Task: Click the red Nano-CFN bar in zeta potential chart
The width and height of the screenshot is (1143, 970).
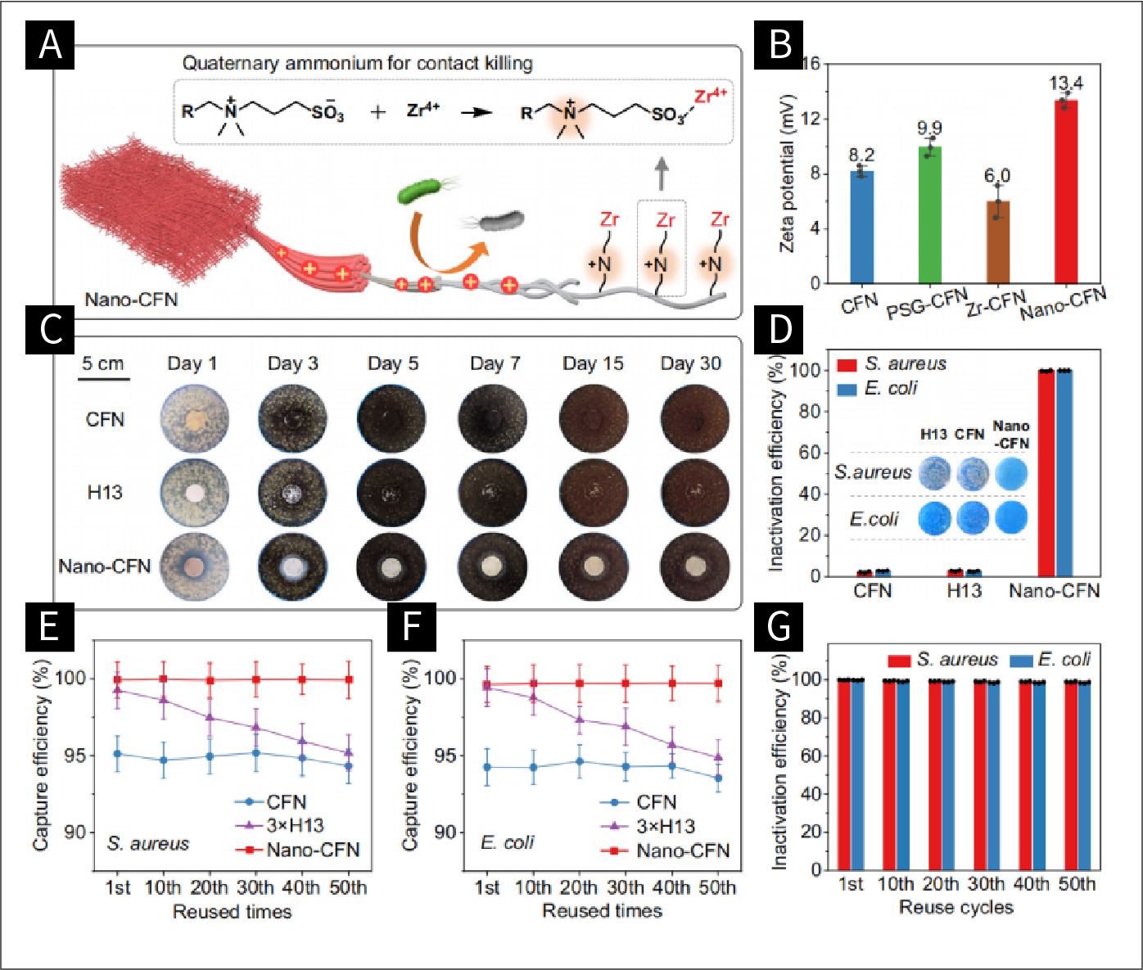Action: [x=1065, y=192]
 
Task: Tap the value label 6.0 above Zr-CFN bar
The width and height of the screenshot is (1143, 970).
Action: [x=997, y=176]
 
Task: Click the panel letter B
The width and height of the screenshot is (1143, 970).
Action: [x=779, y=44]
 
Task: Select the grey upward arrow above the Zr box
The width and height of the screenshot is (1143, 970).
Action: [x=662, y=174]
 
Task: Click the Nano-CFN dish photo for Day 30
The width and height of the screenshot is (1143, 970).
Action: [x=694, y=566]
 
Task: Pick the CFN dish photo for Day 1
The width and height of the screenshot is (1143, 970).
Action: [x=194, y=420]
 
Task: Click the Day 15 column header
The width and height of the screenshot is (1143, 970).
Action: [x=593, y=363]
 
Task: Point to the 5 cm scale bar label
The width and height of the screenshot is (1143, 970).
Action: [x=103, y=363]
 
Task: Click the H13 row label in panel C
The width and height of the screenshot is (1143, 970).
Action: [x=105, y=493]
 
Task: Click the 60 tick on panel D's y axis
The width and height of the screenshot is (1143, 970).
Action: [x=810, y=453]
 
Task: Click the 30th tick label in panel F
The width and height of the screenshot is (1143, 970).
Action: [x=626, y=887]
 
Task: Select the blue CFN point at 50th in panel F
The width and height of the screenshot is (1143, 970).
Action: [x=718, y=778]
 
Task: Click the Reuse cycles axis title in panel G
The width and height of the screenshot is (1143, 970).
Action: [x=956, y=907]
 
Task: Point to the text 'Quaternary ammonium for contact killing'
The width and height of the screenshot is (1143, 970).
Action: [x=357, y=63]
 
